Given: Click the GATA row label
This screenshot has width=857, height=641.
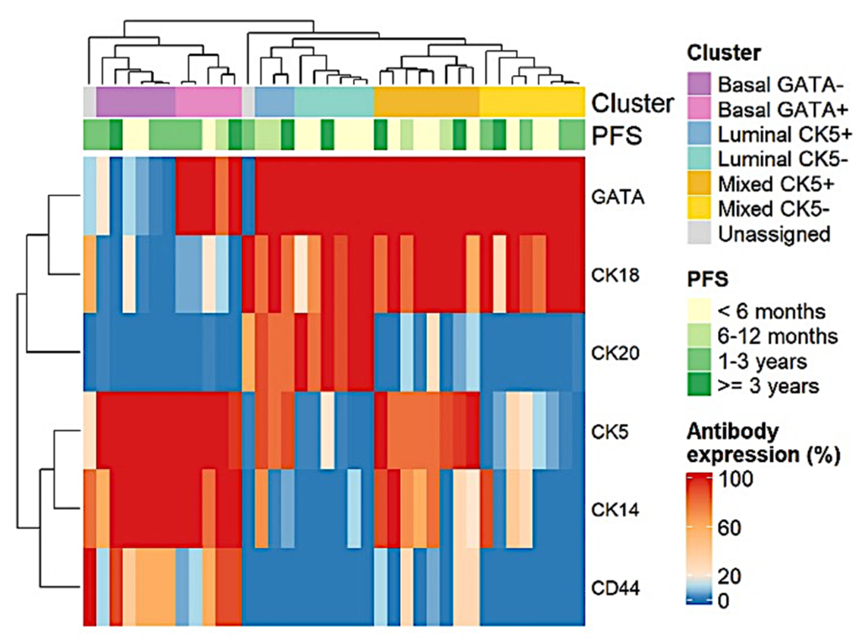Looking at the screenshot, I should [x=617, y=197].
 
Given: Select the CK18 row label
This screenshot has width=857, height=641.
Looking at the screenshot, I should [x=615, y=275].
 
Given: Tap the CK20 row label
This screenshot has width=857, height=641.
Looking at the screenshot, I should [x=615, y=353].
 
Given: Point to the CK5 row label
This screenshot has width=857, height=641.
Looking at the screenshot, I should [x=609, y=432].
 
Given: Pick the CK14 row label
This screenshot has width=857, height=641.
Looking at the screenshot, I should [x=615, y=510].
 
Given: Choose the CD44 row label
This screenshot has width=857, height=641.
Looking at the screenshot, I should [x=615, y=588].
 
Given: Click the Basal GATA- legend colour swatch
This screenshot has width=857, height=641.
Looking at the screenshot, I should [x=699, y=84].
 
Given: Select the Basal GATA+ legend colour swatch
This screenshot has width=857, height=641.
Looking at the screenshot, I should [x=699, y=109].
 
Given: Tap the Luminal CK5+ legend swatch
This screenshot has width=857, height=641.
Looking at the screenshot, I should [x=699, y=134].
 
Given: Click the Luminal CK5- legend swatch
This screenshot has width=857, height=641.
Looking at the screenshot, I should [x=699, y=159].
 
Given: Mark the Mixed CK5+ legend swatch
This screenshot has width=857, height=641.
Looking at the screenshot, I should [x=699, y=184].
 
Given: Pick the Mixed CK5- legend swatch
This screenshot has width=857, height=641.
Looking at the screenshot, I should [x=699, y=208].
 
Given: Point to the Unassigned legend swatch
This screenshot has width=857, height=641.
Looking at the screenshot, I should [x=699, y=233].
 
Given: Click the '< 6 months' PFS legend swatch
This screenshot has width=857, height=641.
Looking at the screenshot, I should [x=699, y=311].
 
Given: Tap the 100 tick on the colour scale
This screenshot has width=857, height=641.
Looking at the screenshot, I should [x=735, y=479].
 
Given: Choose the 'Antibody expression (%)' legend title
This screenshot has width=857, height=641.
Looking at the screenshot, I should [x=763, y=443].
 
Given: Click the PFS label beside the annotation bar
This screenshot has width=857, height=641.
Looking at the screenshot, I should [x=617, y=135].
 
